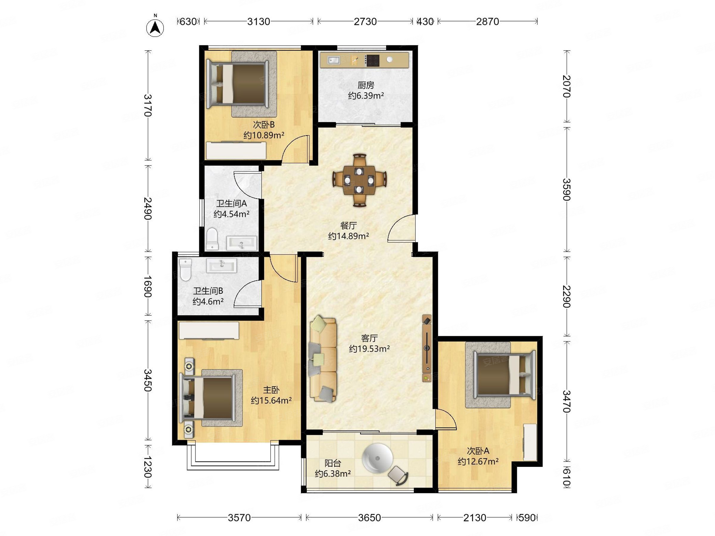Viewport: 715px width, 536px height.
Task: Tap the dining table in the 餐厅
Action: (x=359, y=180)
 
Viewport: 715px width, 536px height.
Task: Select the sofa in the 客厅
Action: (x=323, y=359)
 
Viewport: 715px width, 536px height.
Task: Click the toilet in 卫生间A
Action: (x=212, y=239)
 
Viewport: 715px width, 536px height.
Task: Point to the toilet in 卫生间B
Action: (x=186, y=269)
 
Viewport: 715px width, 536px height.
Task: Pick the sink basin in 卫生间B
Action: (x=222, y=266)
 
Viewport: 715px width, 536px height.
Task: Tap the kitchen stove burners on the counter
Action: (x=372, y=60)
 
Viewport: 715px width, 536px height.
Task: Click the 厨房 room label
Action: (x=366, y=85)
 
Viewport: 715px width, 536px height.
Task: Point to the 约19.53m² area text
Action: (x=369, y=349)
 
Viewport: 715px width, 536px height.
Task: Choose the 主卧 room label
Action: (x=271, y=390)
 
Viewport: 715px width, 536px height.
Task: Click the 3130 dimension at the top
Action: (x=259, y=21)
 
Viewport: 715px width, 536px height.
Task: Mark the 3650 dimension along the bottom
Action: (x=369, y=518)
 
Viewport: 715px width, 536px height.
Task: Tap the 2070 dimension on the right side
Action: (x=566, y=86)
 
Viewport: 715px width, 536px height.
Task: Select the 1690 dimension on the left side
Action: (x=148, y=286)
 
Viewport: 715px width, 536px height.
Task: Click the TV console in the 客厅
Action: (x=427, y=348)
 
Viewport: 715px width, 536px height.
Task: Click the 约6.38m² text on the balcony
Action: (x=333, y=474)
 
